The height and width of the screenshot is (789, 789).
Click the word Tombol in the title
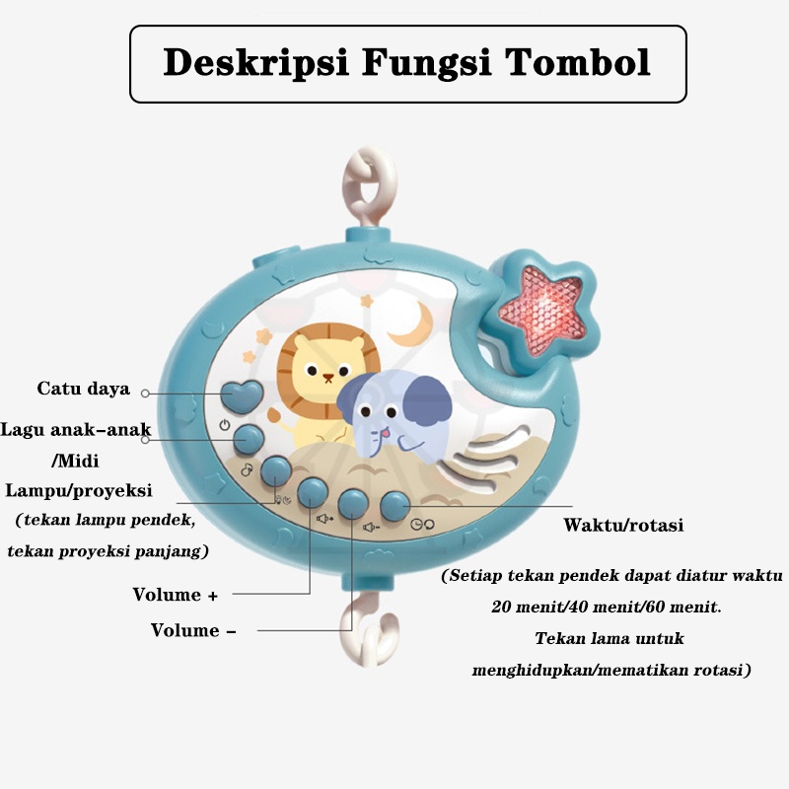579,63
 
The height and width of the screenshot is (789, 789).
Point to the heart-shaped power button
242,394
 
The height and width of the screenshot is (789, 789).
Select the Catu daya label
84,389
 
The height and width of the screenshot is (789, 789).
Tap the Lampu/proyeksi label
79,491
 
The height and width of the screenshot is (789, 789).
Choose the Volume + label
175,595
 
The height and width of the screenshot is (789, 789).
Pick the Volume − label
193,629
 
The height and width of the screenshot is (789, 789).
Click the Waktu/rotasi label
623,525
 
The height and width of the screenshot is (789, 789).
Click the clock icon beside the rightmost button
416,525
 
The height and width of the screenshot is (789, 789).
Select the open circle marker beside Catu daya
145,394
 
